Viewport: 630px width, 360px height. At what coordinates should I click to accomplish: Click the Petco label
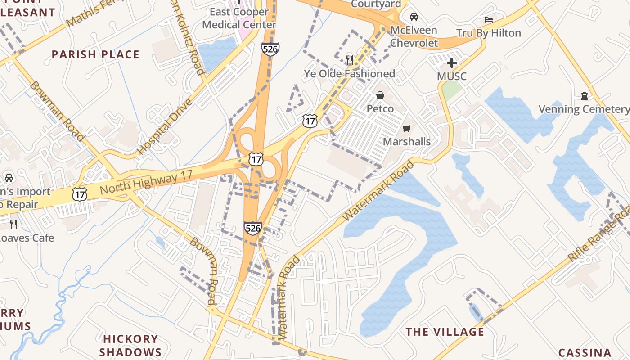380,109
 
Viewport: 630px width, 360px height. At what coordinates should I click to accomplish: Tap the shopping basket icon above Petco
380,95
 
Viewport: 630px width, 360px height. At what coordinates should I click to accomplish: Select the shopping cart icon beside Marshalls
407,129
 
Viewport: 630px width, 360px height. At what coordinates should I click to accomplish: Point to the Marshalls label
407,142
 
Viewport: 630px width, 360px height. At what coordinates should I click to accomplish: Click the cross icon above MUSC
452,63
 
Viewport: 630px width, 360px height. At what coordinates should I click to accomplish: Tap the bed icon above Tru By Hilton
489,19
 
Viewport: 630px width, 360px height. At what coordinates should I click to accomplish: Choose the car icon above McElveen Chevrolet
414,17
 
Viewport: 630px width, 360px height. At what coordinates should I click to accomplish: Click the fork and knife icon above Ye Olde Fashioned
350,59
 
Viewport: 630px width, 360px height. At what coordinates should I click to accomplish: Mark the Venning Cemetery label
584,109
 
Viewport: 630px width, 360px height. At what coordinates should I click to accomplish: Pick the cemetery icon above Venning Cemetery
585,95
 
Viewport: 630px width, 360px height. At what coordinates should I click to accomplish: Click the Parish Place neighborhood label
95,55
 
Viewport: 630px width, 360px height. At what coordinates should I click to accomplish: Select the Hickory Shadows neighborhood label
130,345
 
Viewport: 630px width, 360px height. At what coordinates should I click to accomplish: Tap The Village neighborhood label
445,332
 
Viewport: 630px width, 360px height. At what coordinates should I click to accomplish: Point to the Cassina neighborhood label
585,353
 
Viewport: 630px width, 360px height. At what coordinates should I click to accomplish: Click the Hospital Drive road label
165,126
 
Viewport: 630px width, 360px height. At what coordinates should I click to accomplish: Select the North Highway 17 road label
146,181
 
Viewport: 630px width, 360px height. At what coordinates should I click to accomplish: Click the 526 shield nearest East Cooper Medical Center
270,49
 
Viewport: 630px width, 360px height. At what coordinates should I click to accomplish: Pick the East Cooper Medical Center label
239,18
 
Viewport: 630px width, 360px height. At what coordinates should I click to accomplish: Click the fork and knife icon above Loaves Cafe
13,224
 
